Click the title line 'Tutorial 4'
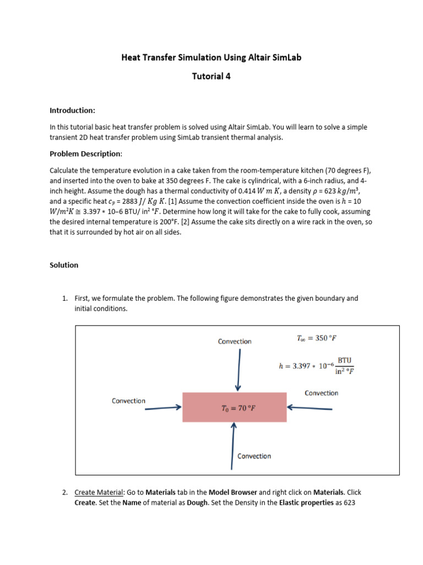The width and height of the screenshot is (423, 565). tap(211, 77)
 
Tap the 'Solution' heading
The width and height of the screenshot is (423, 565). tap(64, 265)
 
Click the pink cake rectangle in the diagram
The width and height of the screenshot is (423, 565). tap(234, 408)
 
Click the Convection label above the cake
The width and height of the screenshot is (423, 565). tap(235, 342)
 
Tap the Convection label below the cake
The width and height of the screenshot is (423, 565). tap(254, 456)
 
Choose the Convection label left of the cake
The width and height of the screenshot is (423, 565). tap(128, 401)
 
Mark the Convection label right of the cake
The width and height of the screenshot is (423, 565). tap(321, 393)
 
